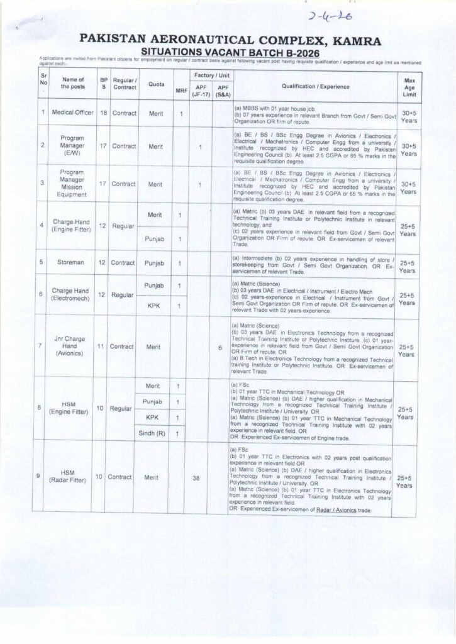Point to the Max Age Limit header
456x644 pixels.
(408, 87)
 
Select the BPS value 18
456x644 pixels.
(103, 113)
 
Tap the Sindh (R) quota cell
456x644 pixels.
(152, 433)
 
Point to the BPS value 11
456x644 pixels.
(103, 347)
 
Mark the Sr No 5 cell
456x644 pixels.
(42, 262)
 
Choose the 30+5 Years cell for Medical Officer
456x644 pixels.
(408, 113)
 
